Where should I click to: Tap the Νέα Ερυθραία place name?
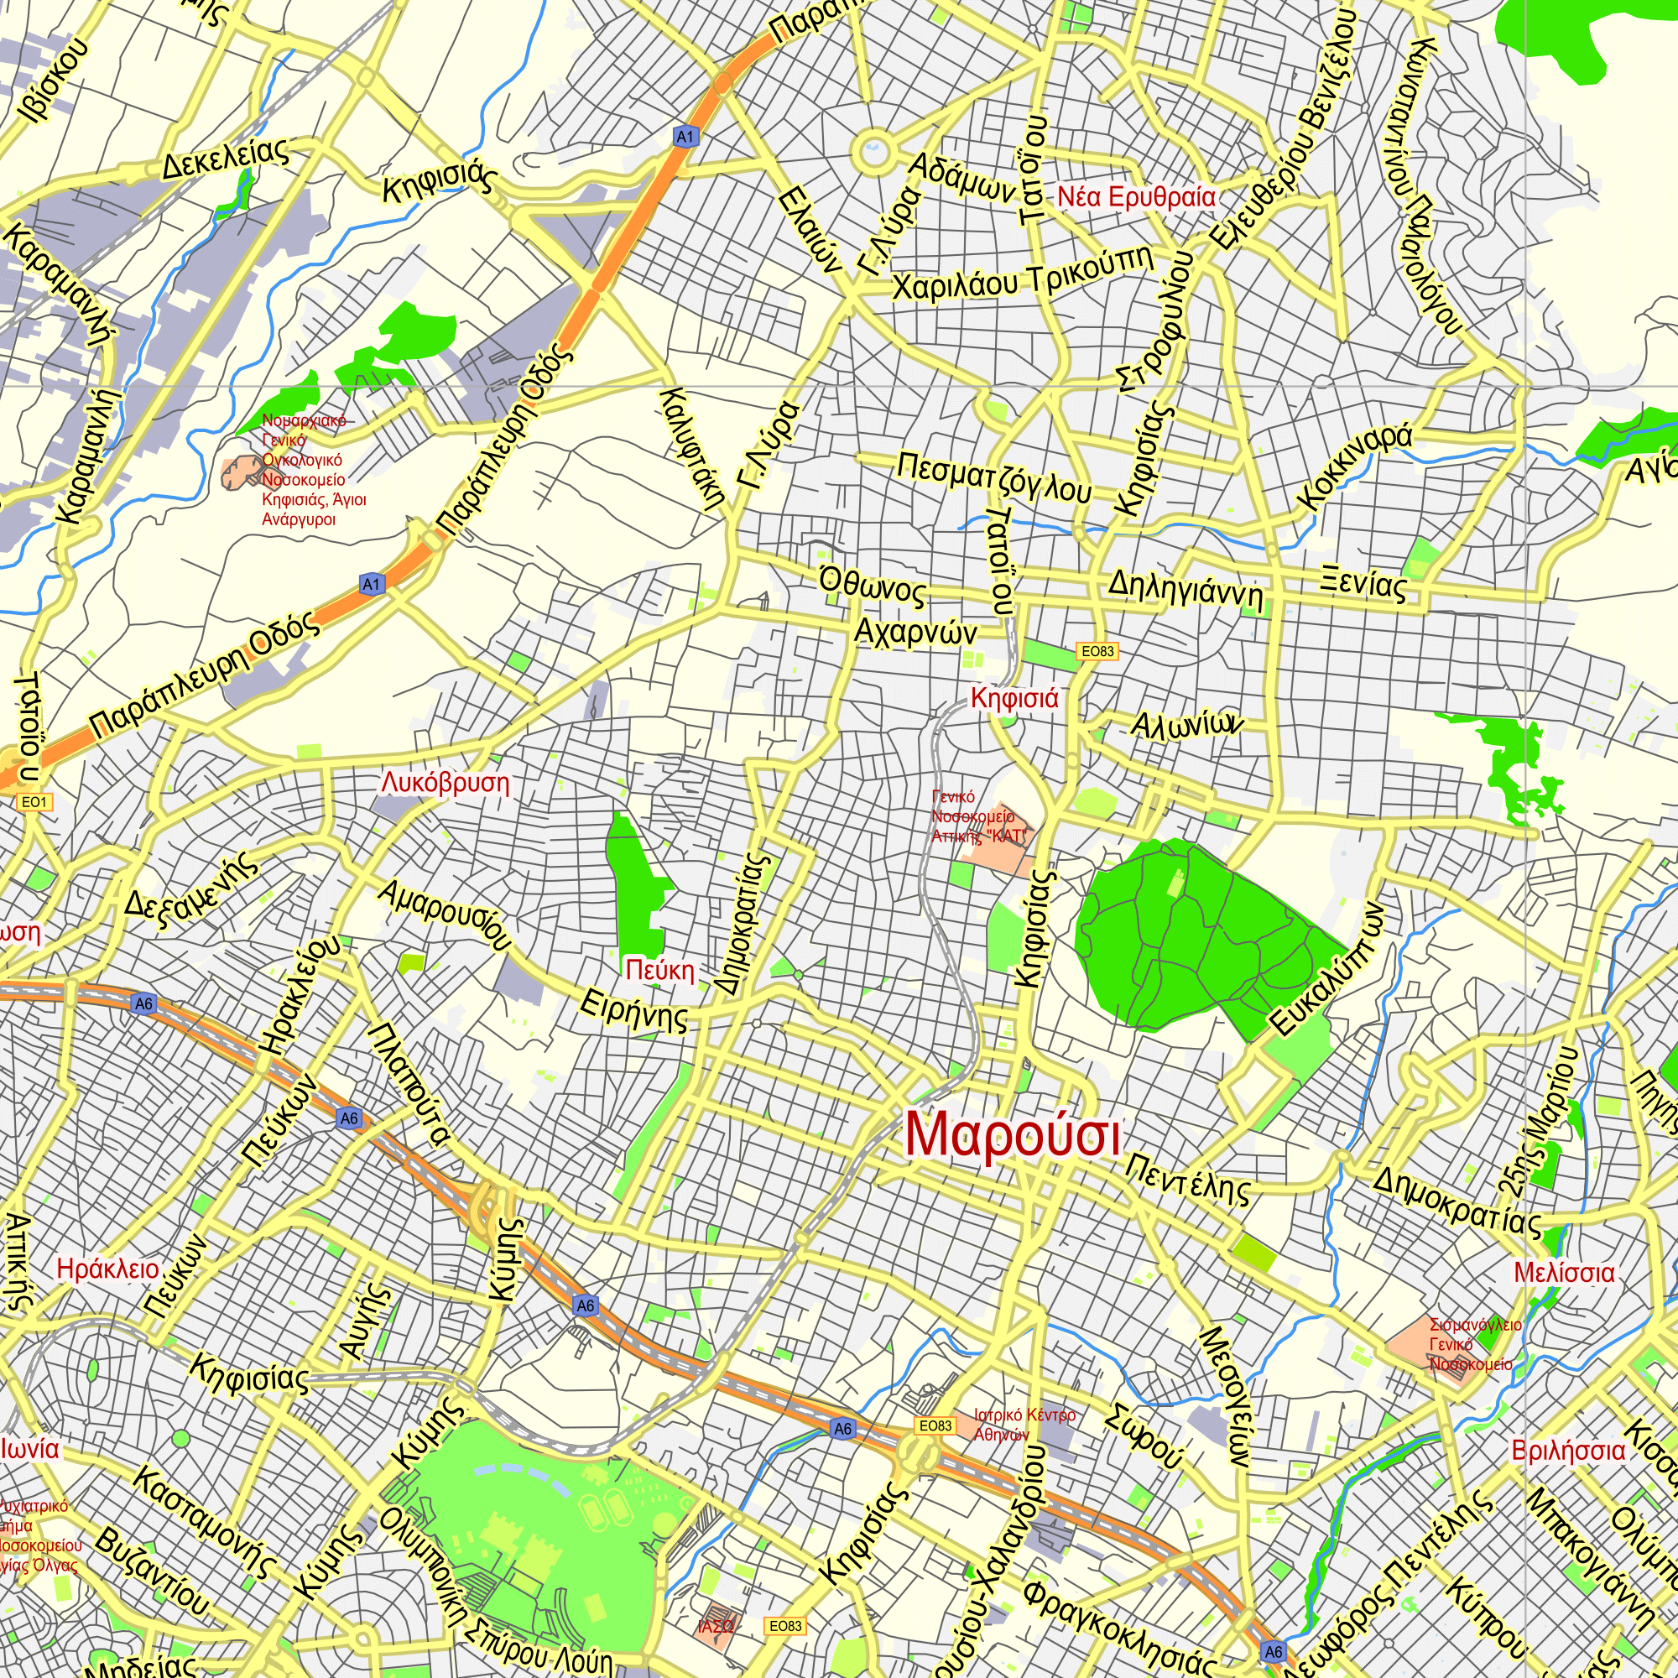[1136, 197]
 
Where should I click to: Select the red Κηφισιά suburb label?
[1014, 698]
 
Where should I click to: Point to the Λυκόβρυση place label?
[445, 783]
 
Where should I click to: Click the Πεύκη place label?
[660, 970]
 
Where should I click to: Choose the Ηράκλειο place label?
[107, 1269]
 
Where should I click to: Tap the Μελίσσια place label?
[1564, 1274]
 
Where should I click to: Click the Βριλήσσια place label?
[1568, 1451]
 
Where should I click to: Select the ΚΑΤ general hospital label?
[979, 816]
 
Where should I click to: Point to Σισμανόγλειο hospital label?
[1475, 1344]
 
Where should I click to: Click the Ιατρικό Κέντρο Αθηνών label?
[1024, 1425]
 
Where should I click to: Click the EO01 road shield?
[34, 801]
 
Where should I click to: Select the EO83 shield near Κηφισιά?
[1097, 651]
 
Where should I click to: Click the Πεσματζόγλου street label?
[993, 477]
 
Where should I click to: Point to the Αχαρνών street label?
[915, 633]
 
